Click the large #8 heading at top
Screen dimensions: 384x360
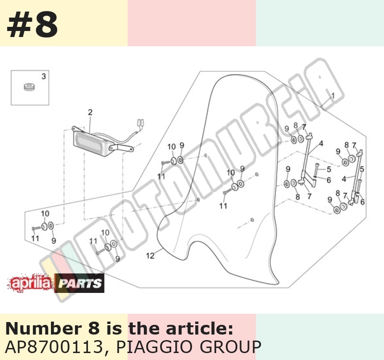(32, 25)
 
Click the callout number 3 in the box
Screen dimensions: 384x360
(43, 76)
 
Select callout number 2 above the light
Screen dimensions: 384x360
(90, 112)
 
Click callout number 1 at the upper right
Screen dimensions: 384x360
(333, 95)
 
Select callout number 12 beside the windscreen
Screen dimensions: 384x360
(150, 256)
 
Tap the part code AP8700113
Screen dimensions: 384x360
(54, 347)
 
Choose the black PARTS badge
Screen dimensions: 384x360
(80, 283)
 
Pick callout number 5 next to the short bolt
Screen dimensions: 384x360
(329, 169)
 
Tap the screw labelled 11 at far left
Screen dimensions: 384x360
(36, 228)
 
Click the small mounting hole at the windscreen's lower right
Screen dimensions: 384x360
(252, 220)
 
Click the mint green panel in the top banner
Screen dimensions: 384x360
(320, 23)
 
